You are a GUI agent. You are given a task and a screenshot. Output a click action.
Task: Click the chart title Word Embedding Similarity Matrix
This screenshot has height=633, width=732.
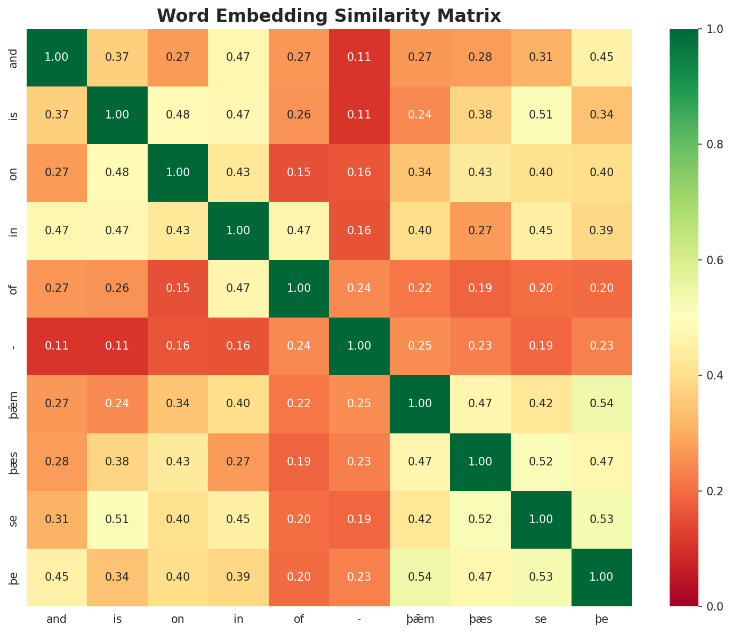[x=329, y=16]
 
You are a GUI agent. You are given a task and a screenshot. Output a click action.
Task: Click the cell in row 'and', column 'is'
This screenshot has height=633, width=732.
[x=117, y=57]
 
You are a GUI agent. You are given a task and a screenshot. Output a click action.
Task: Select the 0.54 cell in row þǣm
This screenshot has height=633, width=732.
[x=601, y=403]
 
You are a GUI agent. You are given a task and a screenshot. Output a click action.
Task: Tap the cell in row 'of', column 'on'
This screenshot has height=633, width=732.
[x=178, y=288]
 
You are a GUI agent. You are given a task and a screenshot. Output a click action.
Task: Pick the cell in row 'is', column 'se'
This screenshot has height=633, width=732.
[x=541, y=115]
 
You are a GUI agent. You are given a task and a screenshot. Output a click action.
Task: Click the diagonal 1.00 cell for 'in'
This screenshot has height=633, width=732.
[x=238, y=231]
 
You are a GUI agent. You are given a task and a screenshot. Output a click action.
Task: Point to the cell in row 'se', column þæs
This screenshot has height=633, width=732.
[x=480, y=519]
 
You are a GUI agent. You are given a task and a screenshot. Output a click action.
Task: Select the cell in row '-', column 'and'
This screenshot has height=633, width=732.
[x=57, y=346]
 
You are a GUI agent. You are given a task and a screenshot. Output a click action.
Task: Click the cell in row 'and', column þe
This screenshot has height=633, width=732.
[x=601, y=57]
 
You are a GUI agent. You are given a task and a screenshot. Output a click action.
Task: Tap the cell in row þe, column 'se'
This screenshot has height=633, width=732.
[x=541, y=577]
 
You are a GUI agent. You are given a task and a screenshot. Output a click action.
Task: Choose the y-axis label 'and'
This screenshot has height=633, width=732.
[x=14, y=57]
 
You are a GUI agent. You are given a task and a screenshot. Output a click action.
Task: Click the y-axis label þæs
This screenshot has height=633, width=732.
[x=14, y=462]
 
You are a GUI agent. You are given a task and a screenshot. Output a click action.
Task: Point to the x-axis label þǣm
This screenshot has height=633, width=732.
[x=420, y=620]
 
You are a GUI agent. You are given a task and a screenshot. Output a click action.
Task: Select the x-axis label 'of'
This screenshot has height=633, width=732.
[x=299, y=620]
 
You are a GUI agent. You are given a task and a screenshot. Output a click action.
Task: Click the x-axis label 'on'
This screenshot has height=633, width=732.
[x=178, y=620]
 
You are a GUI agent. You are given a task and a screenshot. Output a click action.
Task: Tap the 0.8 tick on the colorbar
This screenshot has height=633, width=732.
[x=699, y=144]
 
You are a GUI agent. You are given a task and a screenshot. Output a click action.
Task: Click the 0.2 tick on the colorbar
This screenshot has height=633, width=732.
[x=699, y=490]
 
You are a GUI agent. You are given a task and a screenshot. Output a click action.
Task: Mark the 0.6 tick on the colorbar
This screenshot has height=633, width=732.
[x=699, y=260]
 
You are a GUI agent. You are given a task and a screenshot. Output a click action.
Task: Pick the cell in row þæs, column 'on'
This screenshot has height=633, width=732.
[x=178, y=462]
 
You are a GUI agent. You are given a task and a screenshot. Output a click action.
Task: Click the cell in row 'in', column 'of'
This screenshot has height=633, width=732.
[x=299, y=231]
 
